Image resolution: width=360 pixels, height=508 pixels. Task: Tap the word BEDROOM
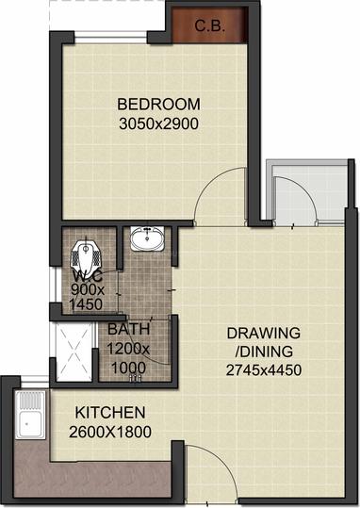click(157, 104)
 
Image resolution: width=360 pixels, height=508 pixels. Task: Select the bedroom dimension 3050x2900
click(157, 123)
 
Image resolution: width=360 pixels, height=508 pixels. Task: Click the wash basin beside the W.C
click(145, 239)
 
